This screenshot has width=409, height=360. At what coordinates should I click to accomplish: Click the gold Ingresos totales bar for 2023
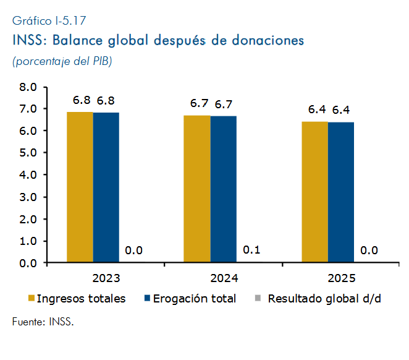[80, 187]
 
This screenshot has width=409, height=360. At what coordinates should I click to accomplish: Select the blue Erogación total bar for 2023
[106, 187]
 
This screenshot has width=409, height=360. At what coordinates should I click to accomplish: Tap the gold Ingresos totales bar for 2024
[197, 189]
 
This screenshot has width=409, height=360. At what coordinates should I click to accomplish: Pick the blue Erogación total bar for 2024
[224, 189]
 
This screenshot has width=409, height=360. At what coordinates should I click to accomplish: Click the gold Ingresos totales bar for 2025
[315, 192]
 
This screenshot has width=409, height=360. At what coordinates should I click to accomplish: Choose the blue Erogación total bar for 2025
[341, 192]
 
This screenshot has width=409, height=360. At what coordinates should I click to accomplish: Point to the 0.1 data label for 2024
[251, 250]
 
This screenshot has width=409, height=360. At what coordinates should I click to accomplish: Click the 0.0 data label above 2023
[134, 251]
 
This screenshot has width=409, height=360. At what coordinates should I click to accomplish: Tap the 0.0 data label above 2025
[369, 251]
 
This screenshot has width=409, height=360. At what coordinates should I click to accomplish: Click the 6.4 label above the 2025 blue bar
[341, 110]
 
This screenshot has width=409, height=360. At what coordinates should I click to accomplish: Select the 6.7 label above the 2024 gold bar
[200, 103]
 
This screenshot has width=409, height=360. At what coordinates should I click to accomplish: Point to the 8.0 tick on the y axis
[28, 87]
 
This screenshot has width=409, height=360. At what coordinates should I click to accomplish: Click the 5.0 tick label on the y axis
[28, 153]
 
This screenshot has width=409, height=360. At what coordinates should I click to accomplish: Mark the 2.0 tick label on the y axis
[28, 220]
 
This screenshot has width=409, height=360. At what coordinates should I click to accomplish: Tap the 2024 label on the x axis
[224, 278]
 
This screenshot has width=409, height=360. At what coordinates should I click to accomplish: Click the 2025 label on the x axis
[342, 278]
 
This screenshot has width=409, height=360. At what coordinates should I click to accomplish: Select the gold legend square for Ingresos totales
[32, 298]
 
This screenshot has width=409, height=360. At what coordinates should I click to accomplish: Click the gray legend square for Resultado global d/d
[258, 298]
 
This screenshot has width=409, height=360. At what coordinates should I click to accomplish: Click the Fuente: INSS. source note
[43, 322]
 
